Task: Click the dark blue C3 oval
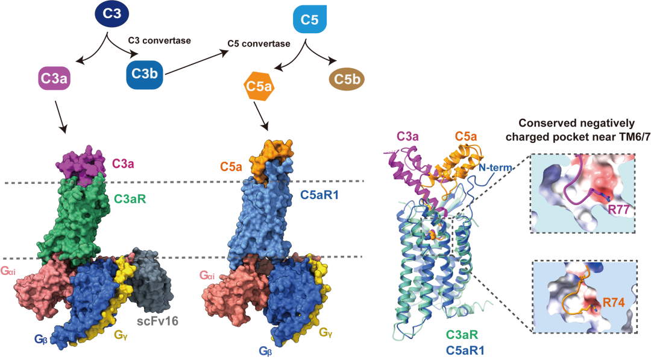pyautogui.click(x=112, y=14)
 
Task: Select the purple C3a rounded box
pyautogui.click(x=54, y=78)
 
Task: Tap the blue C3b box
pyautogui.click(x=145, y=74)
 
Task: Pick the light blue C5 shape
pyautogui.click(x=309, y=19)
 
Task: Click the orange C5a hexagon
pyautogui.click(x=259, y=86)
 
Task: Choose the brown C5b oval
pyautogui.click(x=347, y=79)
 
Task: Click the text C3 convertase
pyautogui.click(x=159, y=40)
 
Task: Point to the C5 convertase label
pyautogui.click(x=259, y=43)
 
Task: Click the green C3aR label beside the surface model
pyautogui.click(x=130, y=199)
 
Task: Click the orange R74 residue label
pyautogui.click(x=614, y=303)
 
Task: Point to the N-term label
pyautogui.click(x=495, y=168)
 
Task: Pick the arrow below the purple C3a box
pyautogui.click(x=60, y=116)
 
